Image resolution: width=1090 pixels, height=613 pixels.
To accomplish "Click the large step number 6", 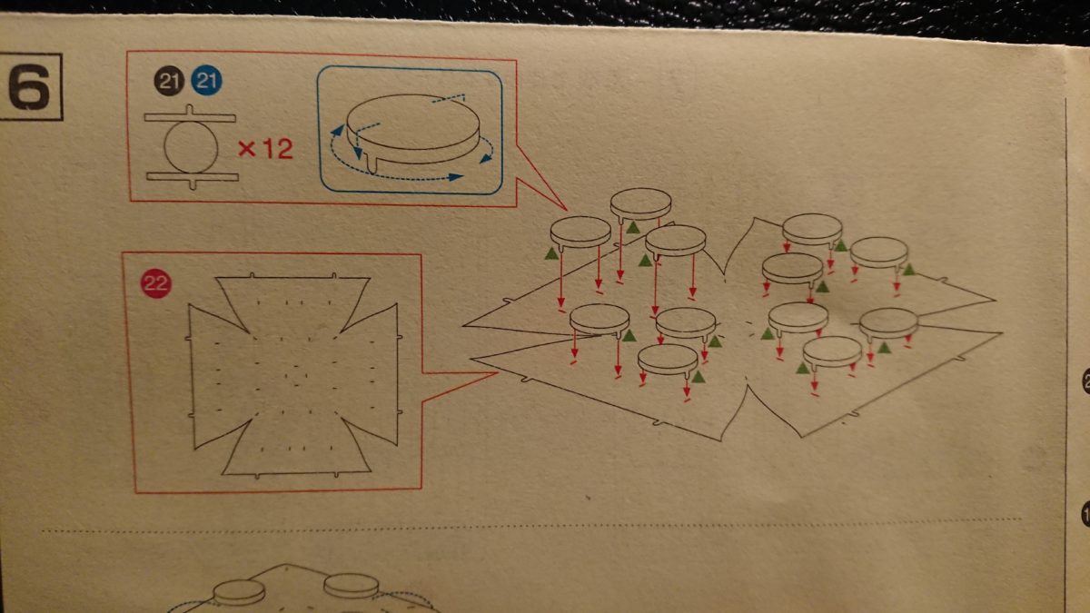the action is [x=29, y=86].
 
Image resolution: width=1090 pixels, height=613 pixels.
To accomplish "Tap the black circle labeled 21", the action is [x=169, y=81].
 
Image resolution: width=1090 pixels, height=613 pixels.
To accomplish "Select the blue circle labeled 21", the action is [x=206, y=80].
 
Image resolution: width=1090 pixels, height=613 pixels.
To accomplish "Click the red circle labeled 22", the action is [x=155, y=282].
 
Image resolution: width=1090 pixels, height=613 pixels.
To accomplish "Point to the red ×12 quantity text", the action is [x=265, y=149].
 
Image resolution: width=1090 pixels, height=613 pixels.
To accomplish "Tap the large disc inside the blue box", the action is [x=413, y=127].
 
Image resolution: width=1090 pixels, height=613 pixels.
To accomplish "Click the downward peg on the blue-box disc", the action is [x=372, y=164].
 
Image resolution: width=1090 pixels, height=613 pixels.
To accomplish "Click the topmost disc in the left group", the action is [x=641, y=203].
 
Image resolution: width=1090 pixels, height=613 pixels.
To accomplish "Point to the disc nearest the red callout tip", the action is [x=580, y=232].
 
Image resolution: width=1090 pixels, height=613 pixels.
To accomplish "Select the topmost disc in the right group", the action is [x=813, y=229].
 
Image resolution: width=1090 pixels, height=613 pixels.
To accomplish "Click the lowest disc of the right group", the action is [x=832, y=352].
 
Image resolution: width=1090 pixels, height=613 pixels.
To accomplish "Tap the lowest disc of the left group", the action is [x=668, y=360].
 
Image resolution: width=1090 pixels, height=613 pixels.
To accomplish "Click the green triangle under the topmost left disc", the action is [x=632, y=227].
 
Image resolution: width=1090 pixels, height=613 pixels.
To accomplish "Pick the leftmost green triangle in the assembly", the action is [x=551, y=253].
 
